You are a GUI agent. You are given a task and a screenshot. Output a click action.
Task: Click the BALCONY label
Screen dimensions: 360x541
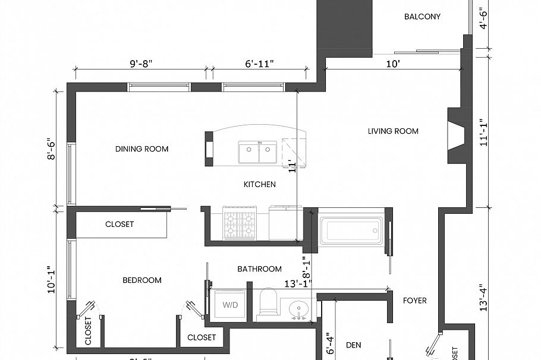tap(422, 17)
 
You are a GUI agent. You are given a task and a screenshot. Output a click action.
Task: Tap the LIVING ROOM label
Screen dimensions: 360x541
tap(393, 131)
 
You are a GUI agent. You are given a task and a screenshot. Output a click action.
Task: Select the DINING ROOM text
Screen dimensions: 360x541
tap(141, 149)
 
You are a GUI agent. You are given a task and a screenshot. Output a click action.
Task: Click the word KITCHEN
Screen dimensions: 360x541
tap(260, 184)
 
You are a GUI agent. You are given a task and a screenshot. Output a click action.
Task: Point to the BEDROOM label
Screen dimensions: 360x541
tap(142, 280)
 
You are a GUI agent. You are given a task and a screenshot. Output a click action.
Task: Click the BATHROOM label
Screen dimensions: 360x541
tap(259, 269)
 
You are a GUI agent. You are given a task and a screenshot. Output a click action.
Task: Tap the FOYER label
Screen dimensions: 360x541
tap(414, 301)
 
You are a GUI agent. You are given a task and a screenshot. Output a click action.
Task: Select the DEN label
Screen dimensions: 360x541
tap(354, 345)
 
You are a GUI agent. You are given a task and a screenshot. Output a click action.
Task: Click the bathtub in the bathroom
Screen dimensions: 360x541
tap(351, 230)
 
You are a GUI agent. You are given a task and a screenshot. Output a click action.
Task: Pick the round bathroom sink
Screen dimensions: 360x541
tap(297, 308)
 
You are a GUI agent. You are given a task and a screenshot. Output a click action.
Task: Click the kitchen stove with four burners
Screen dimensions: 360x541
tap(240, 223)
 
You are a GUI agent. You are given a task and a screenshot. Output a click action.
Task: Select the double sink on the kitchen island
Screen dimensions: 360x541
tap(258, 152)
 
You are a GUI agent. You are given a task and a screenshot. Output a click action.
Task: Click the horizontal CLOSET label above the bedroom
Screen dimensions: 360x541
tap(119, 225)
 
